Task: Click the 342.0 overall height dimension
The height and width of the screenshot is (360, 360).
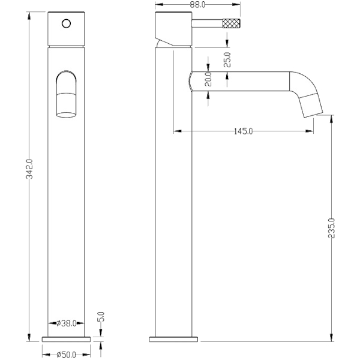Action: (x=29, y=169)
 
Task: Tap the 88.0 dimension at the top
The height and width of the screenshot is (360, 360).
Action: (x=197, y=5)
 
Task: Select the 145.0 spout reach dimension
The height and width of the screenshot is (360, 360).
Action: (x=244, y=131)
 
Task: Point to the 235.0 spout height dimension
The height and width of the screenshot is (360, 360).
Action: (x=332, y=228)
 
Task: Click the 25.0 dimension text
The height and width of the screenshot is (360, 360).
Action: (x=227, y=59)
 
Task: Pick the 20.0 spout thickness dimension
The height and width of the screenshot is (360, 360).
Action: (x=208, y=79)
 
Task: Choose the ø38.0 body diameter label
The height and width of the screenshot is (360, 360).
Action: (x=66, y=323)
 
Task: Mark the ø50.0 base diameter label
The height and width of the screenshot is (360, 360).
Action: (x=66, y=355)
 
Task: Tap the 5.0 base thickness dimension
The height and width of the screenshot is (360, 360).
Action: (x=101, y=317)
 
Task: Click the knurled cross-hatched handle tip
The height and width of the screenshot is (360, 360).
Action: (x=232, y=23)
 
